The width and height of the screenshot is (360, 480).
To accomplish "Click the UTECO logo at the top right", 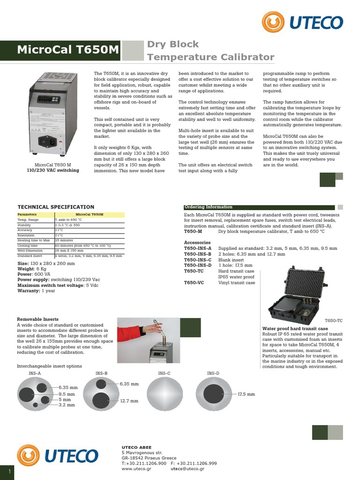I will (x=302, y=22).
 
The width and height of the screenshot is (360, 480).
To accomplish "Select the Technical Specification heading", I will (x=55, y=207).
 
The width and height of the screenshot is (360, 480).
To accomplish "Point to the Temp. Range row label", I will (x=28, y=220).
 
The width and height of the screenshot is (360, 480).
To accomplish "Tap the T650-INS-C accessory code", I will (x=198, y=260).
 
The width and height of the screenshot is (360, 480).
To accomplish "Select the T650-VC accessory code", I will (x=194, y=283).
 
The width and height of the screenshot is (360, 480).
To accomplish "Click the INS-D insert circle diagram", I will (x=214, y=394).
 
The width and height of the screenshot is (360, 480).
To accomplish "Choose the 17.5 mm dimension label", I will (x=246, y=394).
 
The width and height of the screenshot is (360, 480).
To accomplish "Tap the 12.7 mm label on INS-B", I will (x=129, y=401).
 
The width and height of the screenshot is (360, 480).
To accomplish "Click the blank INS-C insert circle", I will (x=165, y=394).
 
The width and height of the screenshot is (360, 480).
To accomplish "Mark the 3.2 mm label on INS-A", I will (x=67, y=405).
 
